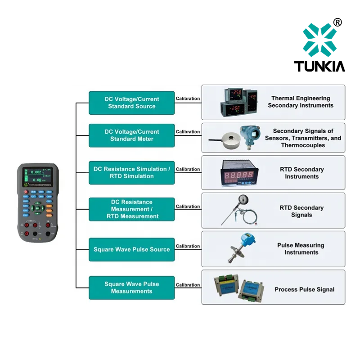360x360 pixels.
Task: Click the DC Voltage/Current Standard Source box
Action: (131, 103)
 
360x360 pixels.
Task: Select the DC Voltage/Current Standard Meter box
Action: (131, 135)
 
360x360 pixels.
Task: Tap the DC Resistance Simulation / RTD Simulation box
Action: (131, 173)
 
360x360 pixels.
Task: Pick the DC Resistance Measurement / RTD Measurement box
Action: (131, 209)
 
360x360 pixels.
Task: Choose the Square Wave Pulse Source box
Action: (131, 249)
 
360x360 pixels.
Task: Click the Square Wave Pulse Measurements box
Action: (131, 288)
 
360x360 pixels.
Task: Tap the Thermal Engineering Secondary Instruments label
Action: (301, 102)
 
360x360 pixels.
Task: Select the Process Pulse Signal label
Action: (304, 289)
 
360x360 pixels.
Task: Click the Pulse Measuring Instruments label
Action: (301, 249)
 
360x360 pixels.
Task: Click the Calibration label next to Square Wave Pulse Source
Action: (188, 246)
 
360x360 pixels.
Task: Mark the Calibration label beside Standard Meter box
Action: (188, 132)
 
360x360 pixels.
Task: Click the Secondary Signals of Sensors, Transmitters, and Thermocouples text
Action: (303, 138)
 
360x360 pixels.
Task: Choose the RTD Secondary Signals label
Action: (301, 211)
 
